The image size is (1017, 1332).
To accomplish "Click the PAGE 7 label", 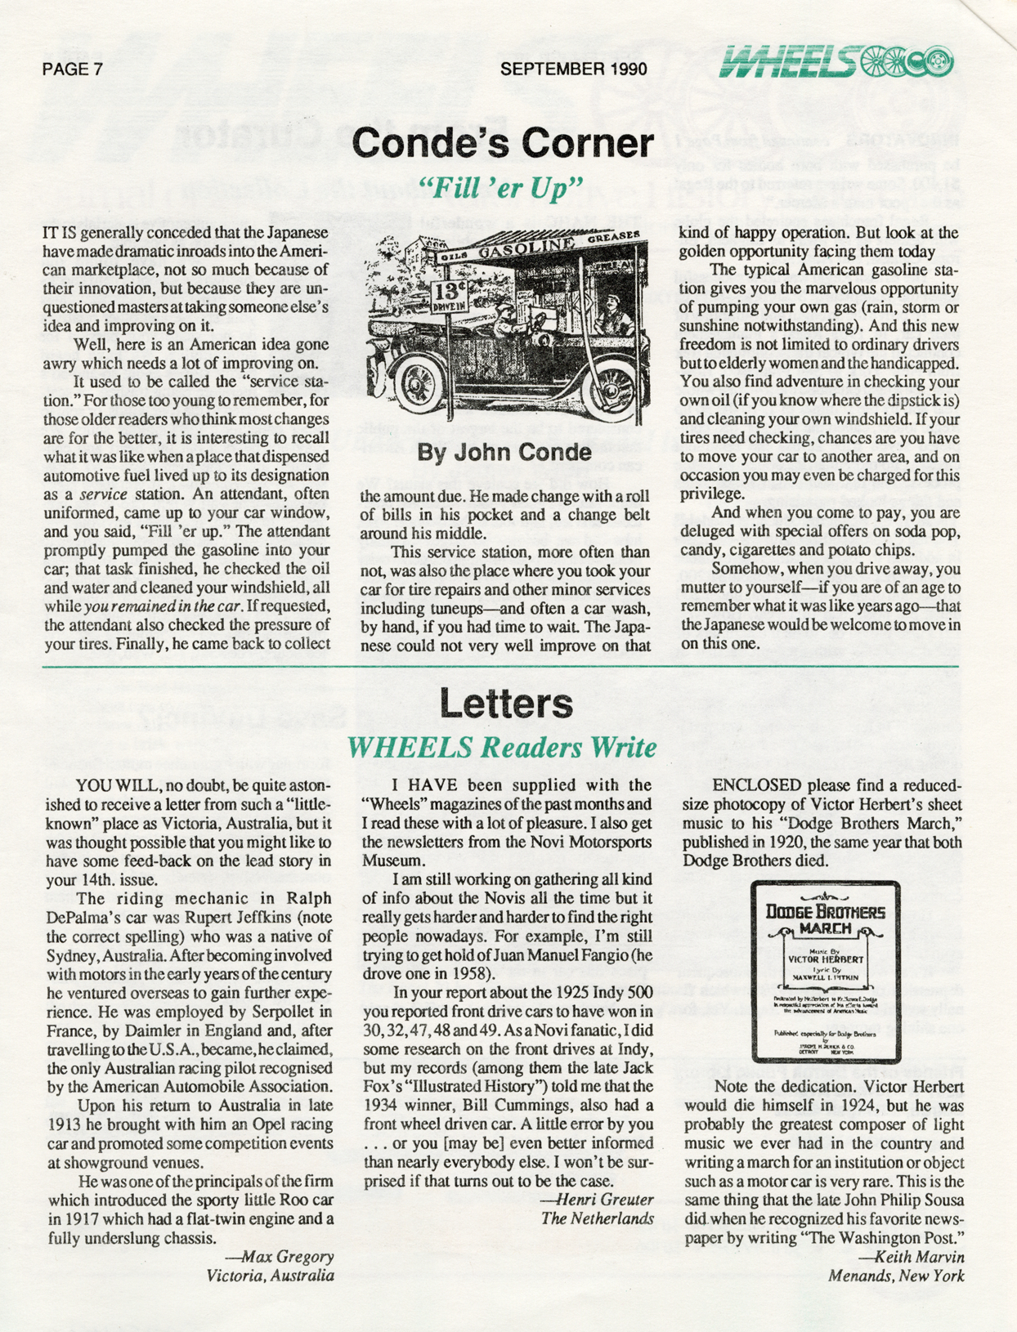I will click(x=72, y=69).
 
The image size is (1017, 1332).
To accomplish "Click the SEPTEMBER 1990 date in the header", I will click(x=573, y=69).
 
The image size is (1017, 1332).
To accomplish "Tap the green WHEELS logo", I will click(x=836, y=60).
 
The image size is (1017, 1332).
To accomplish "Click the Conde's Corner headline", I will click(x=504, y=144).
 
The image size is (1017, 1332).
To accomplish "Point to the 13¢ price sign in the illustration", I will click(x=448, y=293).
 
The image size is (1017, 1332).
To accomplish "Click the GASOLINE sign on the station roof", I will click(x=523, y=248).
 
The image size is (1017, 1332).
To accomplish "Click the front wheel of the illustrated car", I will click(x=419, y=382).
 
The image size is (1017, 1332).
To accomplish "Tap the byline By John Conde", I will click(x=504, y=452).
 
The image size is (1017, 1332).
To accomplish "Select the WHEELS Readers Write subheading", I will click(x=502, y=747).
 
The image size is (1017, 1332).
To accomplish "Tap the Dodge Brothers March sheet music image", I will click(x=824, y=972).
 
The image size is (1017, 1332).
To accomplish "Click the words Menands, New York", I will click(x=896, y=1276).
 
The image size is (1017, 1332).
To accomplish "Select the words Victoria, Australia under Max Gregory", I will click(x=270, y=1276).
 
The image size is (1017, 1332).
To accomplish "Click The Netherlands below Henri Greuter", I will click(x=597, y=1218).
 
